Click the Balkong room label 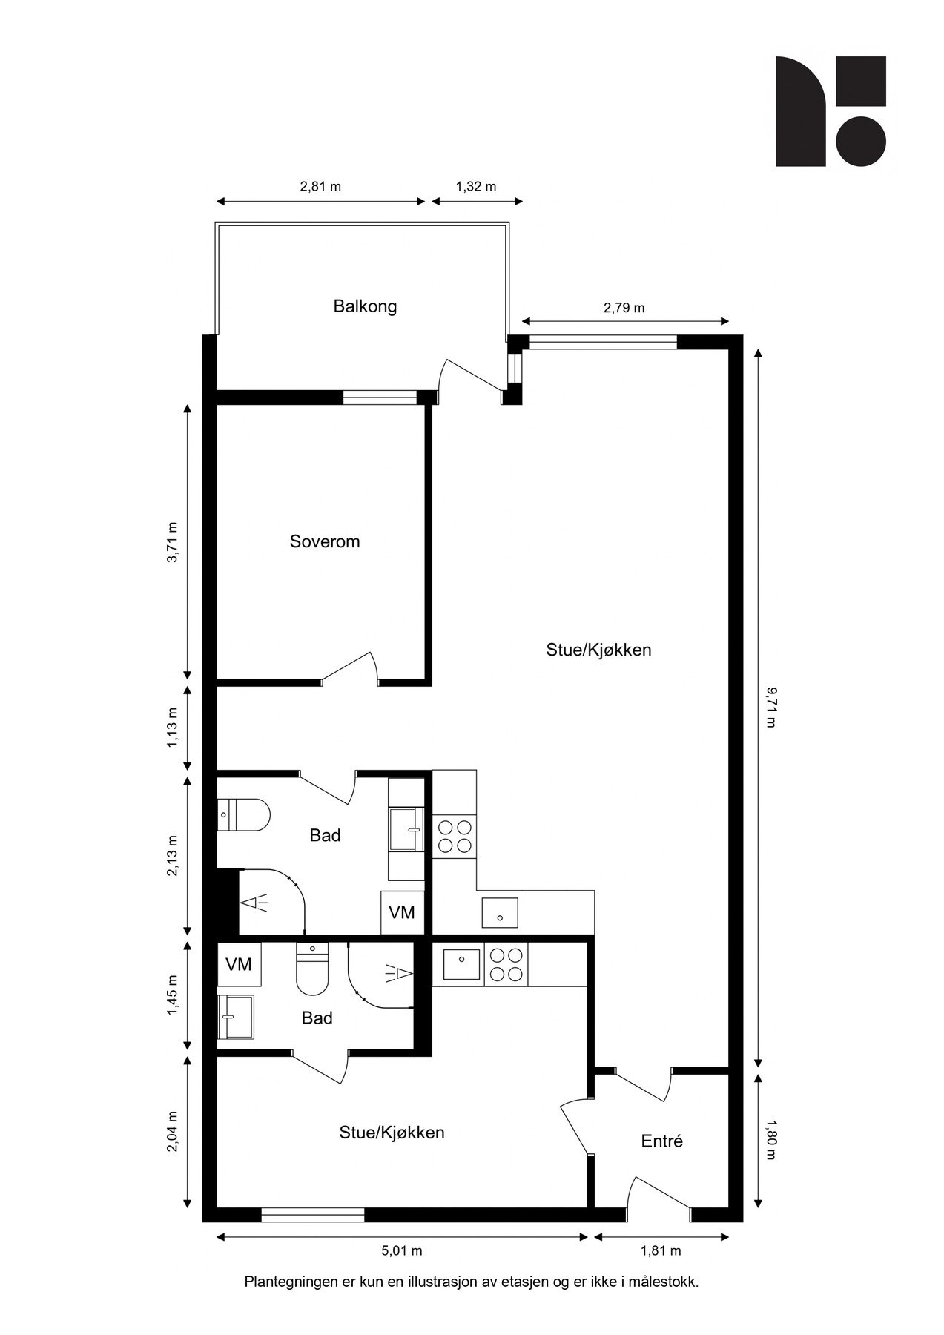pos(365,306)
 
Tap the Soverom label pos(325,541)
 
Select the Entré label pos(661,1141)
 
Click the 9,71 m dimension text pos(770,708)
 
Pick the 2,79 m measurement pos(624,308)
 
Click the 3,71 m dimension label pos(172,543)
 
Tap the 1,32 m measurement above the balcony pos(476,187)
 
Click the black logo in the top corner pos(831,111)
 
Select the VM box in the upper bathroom pos(402,912)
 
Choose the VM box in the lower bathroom pos(239,965)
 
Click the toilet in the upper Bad pos(243,815)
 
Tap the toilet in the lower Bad pos(312,969)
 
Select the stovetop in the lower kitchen pos(506,965)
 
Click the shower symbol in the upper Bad pos(254,903)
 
